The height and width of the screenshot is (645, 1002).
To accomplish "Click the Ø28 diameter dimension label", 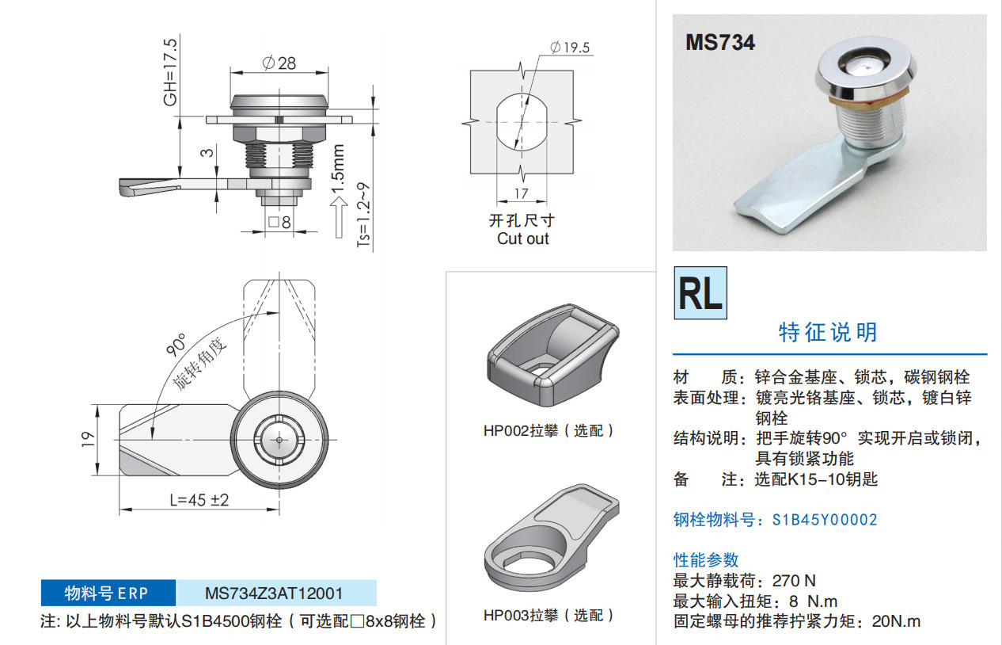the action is tap(279, 63).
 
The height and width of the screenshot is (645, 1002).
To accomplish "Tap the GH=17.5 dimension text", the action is tap(170, 72).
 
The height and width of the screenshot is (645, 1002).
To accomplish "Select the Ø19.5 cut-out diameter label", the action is tap(570, 47).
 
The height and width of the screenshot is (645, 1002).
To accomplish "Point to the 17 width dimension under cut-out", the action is tap(521, 193).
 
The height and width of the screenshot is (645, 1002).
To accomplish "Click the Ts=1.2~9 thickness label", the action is tap(363, 215).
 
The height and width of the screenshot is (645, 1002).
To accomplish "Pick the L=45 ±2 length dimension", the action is tap(199, 500).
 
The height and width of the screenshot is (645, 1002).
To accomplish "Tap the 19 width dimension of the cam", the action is tap(88, 440).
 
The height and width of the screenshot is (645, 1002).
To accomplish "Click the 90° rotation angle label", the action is tap(176, 345).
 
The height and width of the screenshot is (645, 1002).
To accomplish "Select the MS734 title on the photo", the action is tap(720, 43).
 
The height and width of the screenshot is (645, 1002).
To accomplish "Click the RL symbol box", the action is tap(700, 293).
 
